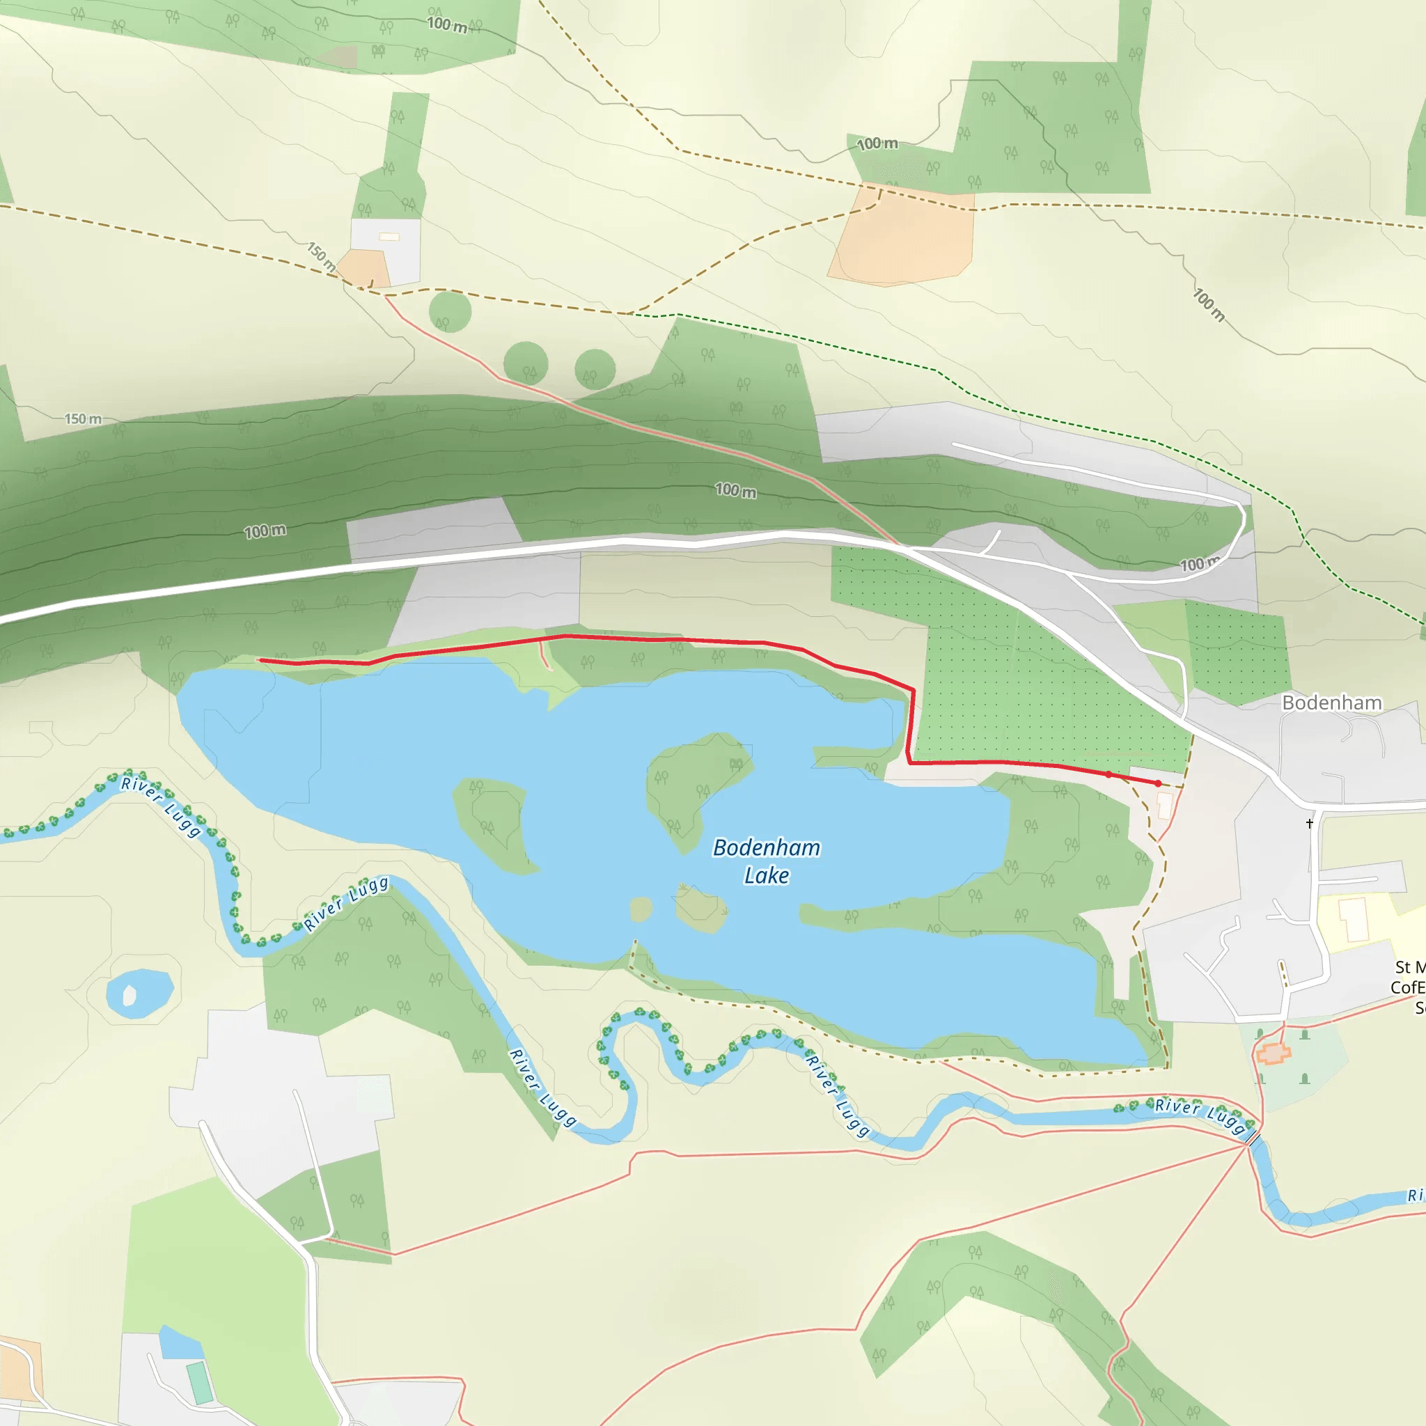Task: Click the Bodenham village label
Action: pos(1331,703)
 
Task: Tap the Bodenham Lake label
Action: pos(766,861)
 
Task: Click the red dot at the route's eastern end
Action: pos(1158,783)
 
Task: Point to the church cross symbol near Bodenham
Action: pos(1310,823)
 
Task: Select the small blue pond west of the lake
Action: pos(139,993)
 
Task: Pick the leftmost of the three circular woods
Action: pos(450,311)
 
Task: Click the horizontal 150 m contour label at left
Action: pos(83,419)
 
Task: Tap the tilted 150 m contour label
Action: pos(322,256)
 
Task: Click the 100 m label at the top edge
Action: pos(447,24)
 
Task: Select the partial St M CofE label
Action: pos(1409,987)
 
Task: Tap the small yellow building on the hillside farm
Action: pos(389,237)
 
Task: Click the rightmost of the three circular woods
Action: pos(595,369)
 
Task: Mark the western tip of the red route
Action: pos(258,660)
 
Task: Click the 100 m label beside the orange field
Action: pos(877,144)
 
